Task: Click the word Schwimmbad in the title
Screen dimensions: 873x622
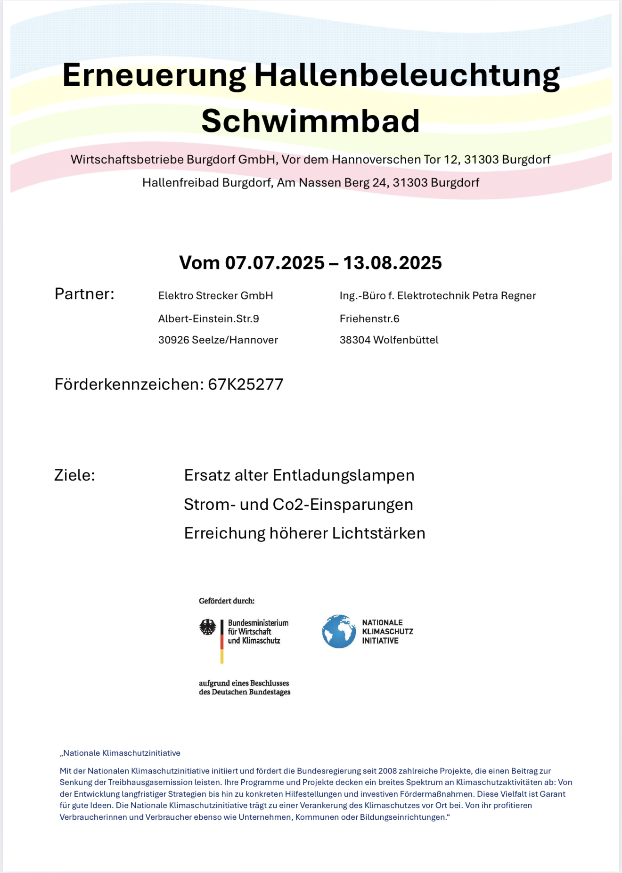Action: click(311, 121)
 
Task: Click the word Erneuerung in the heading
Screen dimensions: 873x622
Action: click(154, 75)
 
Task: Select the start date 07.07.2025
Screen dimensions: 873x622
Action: click(275, 263)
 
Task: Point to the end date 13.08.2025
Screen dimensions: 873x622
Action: click(393, 263)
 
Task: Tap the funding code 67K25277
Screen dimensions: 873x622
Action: click(246, 384)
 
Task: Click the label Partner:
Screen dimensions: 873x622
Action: click(84, 294)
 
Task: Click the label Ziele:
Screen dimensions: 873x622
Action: click(74, 475)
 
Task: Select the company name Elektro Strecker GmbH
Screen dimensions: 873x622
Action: click(216, 296)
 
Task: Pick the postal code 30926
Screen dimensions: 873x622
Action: click(173, 340)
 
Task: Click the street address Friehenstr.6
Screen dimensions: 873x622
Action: click(369, 319)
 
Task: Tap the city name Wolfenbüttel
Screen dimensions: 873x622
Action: click(406, 340)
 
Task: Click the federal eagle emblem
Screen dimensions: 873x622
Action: click(208, 628)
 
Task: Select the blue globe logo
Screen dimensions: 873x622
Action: click(339, 631)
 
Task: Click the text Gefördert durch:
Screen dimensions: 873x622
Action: click(227, 601)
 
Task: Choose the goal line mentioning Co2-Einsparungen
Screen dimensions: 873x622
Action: click(298, 505)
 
